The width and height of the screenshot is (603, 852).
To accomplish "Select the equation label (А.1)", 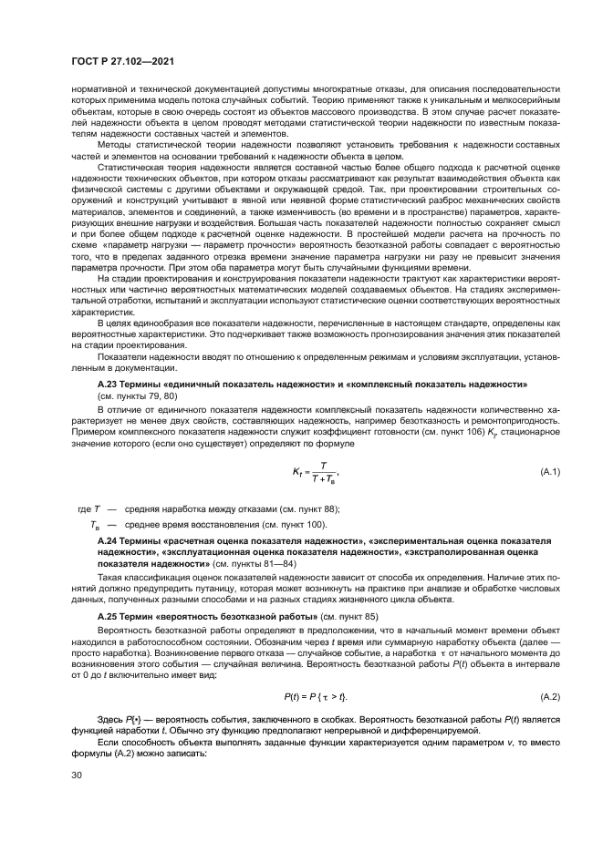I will pyautogui.click(x=551, y=470).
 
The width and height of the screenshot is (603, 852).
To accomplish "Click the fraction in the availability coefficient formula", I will pyautogui.click(x=323, y=471).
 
